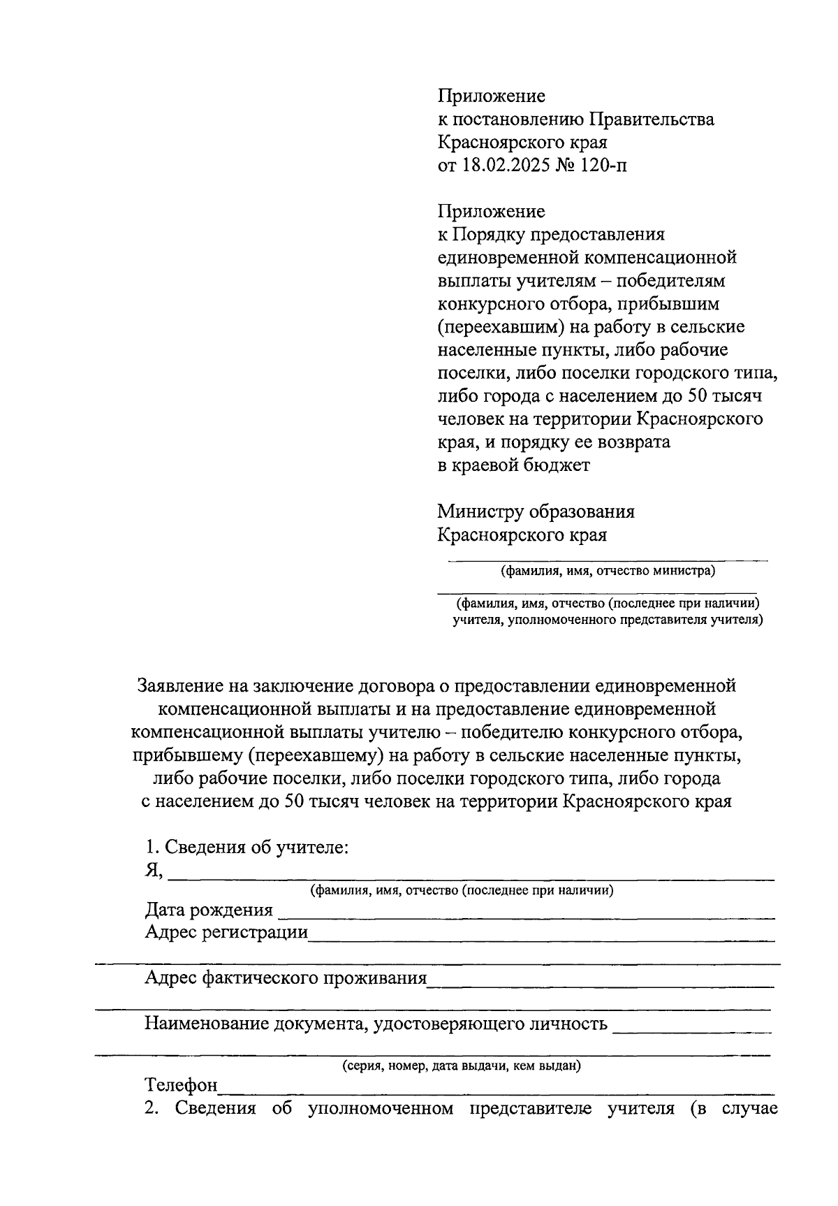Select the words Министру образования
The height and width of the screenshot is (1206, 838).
click(536, 511)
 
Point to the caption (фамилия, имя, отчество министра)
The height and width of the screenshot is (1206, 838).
click(608, 571)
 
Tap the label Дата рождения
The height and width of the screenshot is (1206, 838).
click(209, 910)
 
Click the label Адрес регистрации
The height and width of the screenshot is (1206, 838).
click(226, 932)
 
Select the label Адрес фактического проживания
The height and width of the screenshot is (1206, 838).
click(285, 978)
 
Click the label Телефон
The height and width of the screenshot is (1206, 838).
click(181, 1085)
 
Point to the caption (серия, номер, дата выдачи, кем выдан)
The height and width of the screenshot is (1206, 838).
click(462, 1066)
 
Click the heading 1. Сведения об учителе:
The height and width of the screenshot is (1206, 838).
click(247, 848)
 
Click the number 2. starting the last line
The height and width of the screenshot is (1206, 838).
click(152, 1108)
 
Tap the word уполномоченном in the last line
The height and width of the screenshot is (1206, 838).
click(381, 1108)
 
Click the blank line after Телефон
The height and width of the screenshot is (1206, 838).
click(496, 1087)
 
